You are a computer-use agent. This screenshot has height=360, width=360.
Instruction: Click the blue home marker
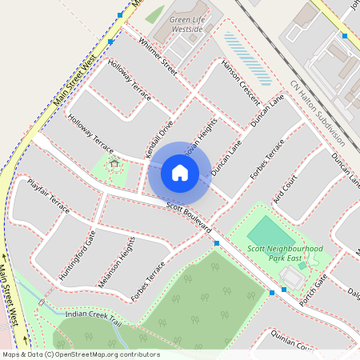pos(180,172)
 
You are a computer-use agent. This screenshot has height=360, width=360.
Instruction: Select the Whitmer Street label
pos(157,56)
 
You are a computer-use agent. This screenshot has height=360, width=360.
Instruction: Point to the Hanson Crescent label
pos(241,81)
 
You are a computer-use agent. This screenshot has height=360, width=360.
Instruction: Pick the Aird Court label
pos(284,188)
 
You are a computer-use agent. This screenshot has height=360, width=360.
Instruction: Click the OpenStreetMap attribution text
pos(80,354)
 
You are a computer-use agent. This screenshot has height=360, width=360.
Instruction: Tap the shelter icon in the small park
pos(114,166)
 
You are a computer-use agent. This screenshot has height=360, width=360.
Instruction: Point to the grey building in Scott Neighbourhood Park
pos(291,277)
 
